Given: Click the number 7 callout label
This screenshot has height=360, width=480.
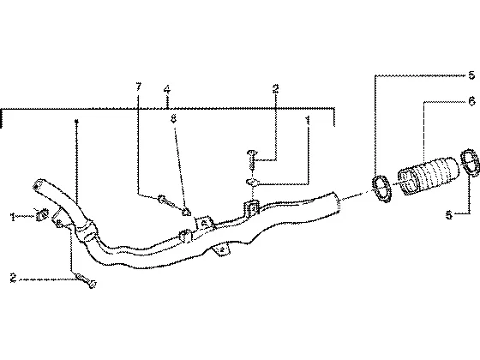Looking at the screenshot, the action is click(x=139, y=87).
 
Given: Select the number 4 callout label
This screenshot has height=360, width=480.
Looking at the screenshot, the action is click(x=167, y=90).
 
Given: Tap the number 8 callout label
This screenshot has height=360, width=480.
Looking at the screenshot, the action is click(x=173, y=118).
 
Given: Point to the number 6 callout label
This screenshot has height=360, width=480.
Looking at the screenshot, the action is click(x=471, y=101).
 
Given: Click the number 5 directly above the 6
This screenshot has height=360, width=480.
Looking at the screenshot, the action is click(x=471, y=75).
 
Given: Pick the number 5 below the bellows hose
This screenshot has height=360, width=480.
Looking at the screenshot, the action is click(x=449, y=215).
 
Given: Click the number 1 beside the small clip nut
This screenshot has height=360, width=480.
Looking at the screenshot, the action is click(x=13, y=217).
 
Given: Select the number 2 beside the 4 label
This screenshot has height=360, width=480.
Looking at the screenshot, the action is click(x=275, y=88).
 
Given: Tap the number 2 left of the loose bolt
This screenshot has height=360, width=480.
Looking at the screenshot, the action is click(x=13, y=278).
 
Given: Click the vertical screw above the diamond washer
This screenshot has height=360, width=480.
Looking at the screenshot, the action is click(x=252, y=159).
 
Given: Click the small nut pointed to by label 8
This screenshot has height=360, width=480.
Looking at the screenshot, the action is click(x=187, y=212).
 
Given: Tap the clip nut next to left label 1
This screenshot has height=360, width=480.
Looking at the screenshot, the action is click(x=43, y=214).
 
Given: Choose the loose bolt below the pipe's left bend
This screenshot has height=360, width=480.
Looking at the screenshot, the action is click(x=86, y=280).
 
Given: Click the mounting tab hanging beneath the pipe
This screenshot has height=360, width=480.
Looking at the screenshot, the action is click(x=221, y=249).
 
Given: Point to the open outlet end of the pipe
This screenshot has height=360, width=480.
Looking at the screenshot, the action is click(x=337, y=201).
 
